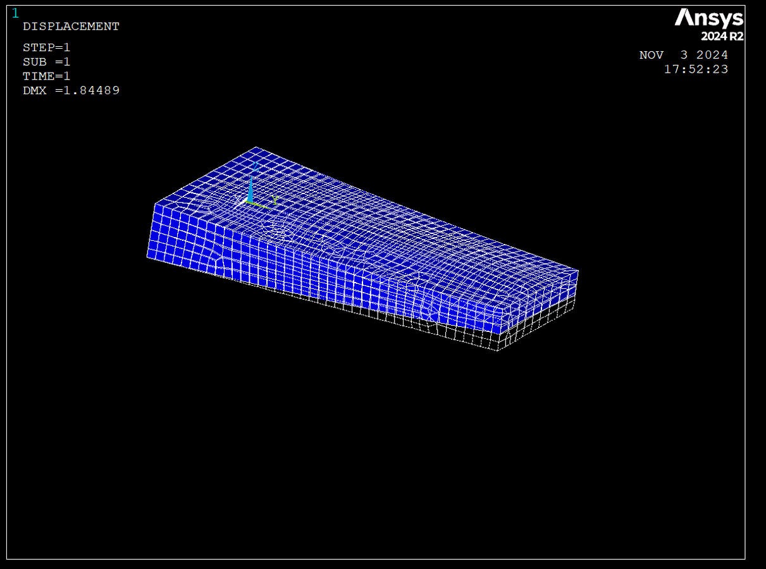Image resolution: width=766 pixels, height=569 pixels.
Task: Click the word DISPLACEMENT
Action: pyautogui.click(x=71, y=27)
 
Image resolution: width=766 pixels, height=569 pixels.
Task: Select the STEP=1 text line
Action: pyautogui.click(x=47, y=47)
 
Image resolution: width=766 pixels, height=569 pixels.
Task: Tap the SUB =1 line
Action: pyautogui.click(x=47, y=62)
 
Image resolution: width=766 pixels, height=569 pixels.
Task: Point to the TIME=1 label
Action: pyautogui.click(x=47, y=76)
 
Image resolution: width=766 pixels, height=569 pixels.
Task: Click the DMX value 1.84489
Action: pyautogui.click(x=92, y=90)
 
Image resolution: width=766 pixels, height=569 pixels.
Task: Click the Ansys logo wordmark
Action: pyautogui.click(x=709, y=18)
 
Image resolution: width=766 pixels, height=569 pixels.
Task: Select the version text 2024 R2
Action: pyautogui.click(x=722, y=36)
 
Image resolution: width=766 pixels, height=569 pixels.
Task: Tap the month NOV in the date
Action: pyautogui.click(x=652, y=55)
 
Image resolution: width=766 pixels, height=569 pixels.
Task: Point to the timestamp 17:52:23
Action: pyautogui.click(x=696, y=70)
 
